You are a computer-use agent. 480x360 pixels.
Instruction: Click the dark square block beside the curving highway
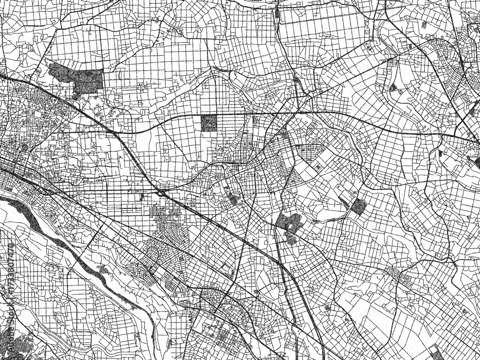tap(209, 123)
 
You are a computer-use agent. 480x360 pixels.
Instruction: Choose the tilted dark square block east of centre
tap(358, 206)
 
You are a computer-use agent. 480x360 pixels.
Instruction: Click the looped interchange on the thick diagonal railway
tap(161, 193)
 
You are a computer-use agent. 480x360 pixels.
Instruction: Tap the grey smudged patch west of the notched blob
tap(234, 198)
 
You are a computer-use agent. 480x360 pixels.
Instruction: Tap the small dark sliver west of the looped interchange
tap(142, 196)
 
